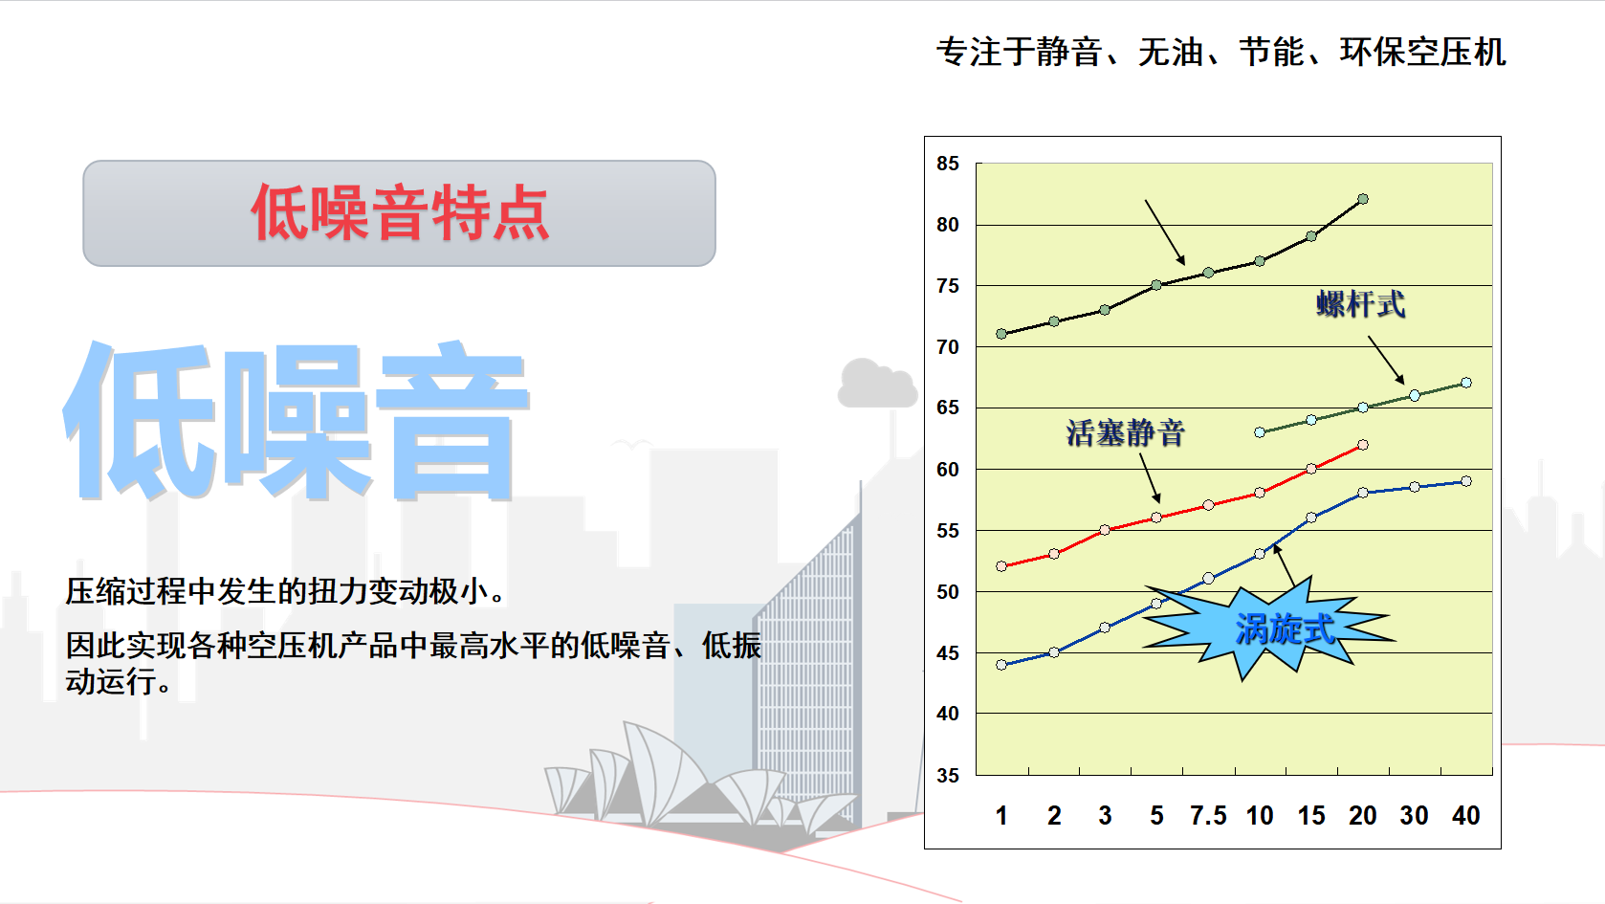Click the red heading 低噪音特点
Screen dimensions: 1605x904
[400, 212]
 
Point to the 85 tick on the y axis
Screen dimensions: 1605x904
[947, 164]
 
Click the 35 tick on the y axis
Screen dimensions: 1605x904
[947, 776]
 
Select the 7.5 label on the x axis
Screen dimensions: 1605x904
[1208, 816]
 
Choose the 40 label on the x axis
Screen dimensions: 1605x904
[1466, 816]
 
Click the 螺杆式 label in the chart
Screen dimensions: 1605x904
[1361, 304]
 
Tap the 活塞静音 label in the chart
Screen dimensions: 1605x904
[1125, 433]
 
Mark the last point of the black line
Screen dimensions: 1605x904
[1363, 199]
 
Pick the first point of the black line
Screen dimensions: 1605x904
[1001, 334]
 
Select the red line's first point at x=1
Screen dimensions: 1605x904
[1001, 566]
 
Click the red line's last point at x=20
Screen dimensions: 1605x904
[1363, 445]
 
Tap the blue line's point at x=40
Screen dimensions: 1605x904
[1466, 481]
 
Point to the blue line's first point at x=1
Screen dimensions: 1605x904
[1001, 665]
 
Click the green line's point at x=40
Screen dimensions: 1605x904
[1466, 384]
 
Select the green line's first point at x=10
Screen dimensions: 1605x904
[1260, 432]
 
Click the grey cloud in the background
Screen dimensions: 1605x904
[877, 384]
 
